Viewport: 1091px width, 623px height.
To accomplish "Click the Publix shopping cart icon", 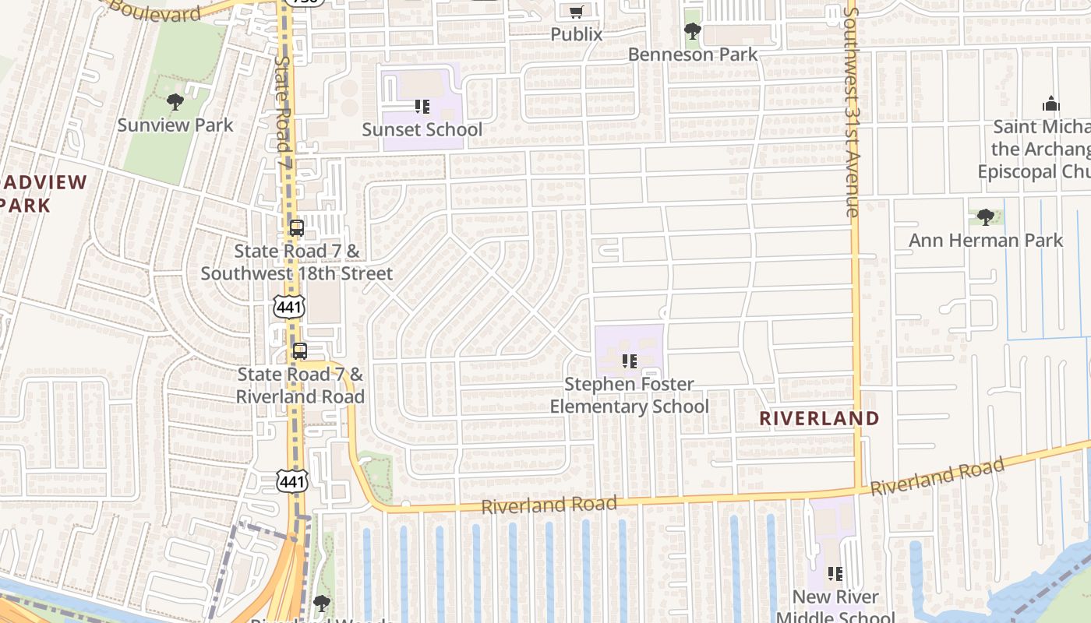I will click(576, 12).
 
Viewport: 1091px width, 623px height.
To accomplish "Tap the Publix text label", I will click(577, 34).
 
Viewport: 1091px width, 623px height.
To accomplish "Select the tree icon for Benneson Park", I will click(692, 32).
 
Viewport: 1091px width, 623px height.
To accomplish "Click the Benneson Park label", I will click(693, 55).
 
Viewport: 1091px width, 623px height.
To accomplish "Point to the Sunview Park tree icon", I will click(175, 102).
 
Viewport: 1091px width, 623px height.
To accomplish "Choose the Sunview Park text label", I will click(175, 125).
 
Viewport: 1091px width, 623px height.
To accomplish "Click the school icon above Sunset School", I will click(422, 107).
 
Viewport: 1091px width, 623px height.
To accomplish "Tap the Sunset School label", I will click(422, 129).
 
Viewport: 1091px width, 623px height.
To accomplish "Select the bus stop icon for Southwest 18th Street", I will click(296, 228).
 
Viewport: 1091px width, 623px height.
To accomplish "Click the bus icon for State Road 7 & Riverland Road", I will click(300, 351).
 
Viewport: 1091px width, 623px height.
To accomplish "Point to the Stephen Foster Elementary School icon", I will click(630, 361).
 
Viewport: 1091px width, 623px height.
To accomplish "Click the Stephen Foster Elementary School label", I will click(630, 396).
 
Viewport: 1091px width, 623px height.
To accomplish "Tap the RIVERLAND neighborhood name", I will click(819, 418).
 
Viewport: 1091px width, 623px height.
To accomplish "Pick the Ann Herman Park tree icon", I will click(985, 217).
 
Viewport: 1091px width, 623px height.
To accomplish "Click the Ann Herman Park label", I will click(986, 240).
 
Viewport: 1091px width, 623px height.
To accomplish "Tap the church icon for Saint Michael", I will click(1050, 104).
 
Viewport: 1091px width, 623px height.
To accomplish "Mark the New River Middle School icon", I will click(835, 575).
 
